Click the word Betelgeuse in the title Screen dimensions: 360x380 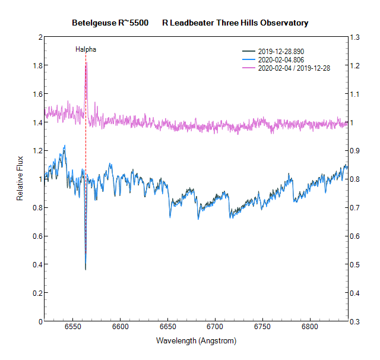point(93,23)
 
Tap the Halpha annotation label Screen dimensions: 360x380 point(85,49)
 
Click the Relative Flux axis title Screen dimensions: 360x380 point(20,179)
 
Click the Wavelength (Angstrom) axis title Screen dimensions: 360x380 point(196,341)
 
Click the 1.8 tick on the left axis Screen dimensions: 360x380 point(37,65)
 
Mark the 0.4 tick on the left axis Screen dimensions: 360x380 point(37,264)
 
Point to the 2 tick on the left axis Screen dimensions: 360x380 point(40,37)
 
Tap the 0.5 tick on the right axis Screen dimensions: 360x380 point(356,264)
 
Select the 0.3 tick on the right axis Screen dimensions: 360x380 point(356,321)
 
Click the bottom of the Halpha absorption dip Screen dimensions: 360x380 point(85,269)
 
